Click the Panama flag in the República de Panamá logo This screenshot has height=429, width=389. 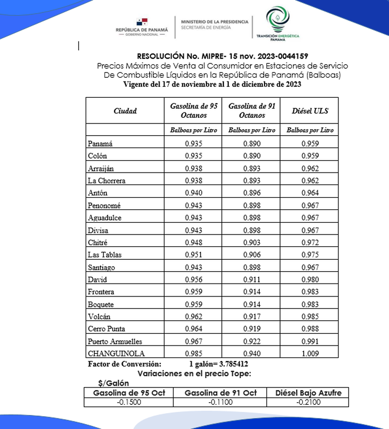tap(142, 21)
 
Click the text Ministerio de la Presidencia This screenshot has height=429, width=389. tap(214, 21)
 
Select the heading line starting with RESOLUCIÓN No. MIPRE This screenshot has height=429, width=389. tap(222, 56)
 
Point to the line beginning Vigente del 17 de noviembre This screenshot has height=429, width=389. tap(212, 84)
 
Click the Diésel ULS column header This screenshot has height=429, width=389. tap(310, 111)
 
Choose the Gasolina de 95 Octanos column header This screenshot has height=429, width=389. tap(194, 110)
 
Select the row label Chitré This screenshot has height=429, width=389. tap(98, 242)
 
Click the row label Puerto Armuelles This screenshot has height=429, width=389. tap(115, 341)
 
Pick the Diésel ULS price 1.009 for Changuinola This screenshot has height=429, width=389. tap(310, 353)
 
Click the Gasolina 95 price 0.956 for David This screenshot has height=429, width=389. tap(194, 279)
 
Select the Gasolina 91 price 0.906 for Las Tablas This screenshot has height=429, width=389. tap(252, 255)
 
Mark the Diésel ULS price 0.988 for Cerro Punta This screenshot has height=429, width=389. tap(310, 329)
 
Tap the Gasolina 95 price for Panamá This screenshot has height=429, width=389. tap(194, 143)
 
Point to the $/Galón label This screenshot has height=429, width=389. tap(113, 384)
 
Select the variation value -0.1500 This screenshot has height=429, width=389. tap(129, 402)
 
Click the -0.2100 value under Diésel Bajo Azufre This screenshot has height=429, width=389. tap(308, 402)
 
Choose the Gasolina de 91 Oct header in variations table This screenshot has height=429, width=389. tap(221, 393)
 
